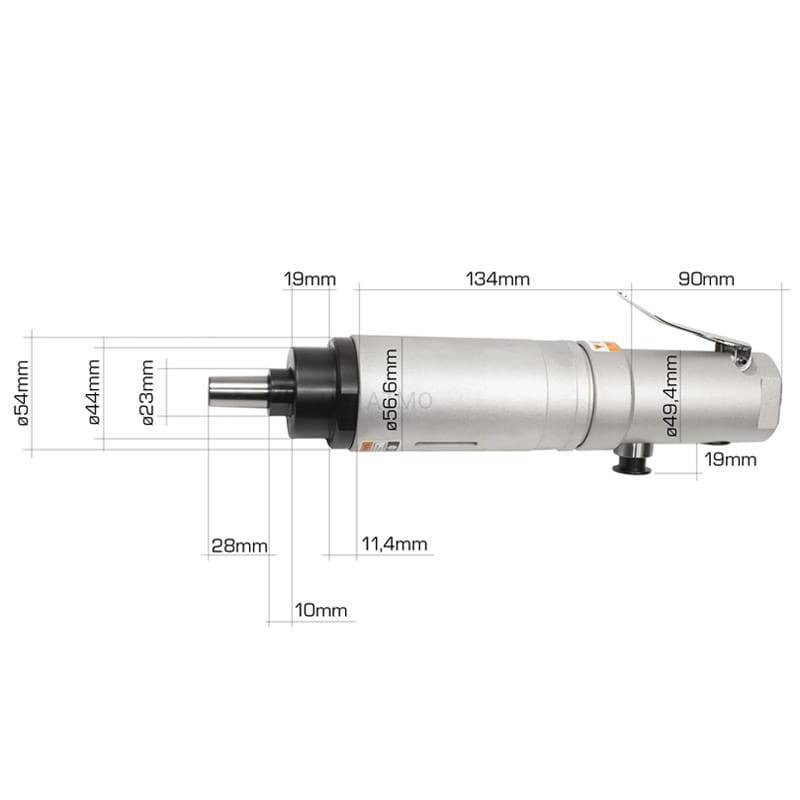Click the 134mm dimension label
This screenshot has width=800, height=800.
497,279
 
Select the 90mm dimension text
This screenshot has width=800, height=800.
706,279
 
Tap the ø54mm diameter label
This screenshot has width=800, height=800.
23,392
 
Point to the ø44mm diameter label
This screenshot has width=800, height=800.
94,392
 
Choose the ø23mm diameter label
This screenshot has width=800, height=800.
148,392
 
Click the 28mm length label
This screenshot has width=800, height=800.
239,546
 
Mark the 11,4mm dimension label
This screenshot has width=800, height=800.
394,544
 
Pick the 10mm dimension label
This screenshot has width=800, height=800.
320,610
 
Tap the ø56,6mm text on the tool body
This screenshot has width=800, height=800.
391,390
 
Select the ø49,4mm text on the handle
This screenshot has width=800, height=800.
671,395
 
